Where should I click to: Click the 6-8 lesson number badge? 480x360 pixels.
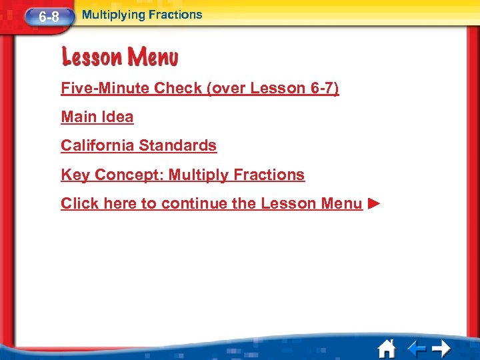pos(47,17)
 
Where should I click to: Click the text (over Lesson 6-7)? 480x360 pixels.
pos(273,88)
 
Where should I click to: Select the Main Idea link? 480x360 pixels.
pos(97,117)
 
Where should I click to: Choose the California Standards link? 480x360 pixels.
pos(139,145)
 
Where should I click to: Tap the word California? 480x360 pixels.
pos(100,145)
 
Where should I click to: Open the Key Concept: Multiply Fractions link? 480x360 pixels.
pos(183,175)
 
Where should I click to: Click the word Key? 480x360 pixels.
pos(75,175)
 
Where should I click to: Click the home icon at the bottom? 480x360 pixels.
pos(386,348)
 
